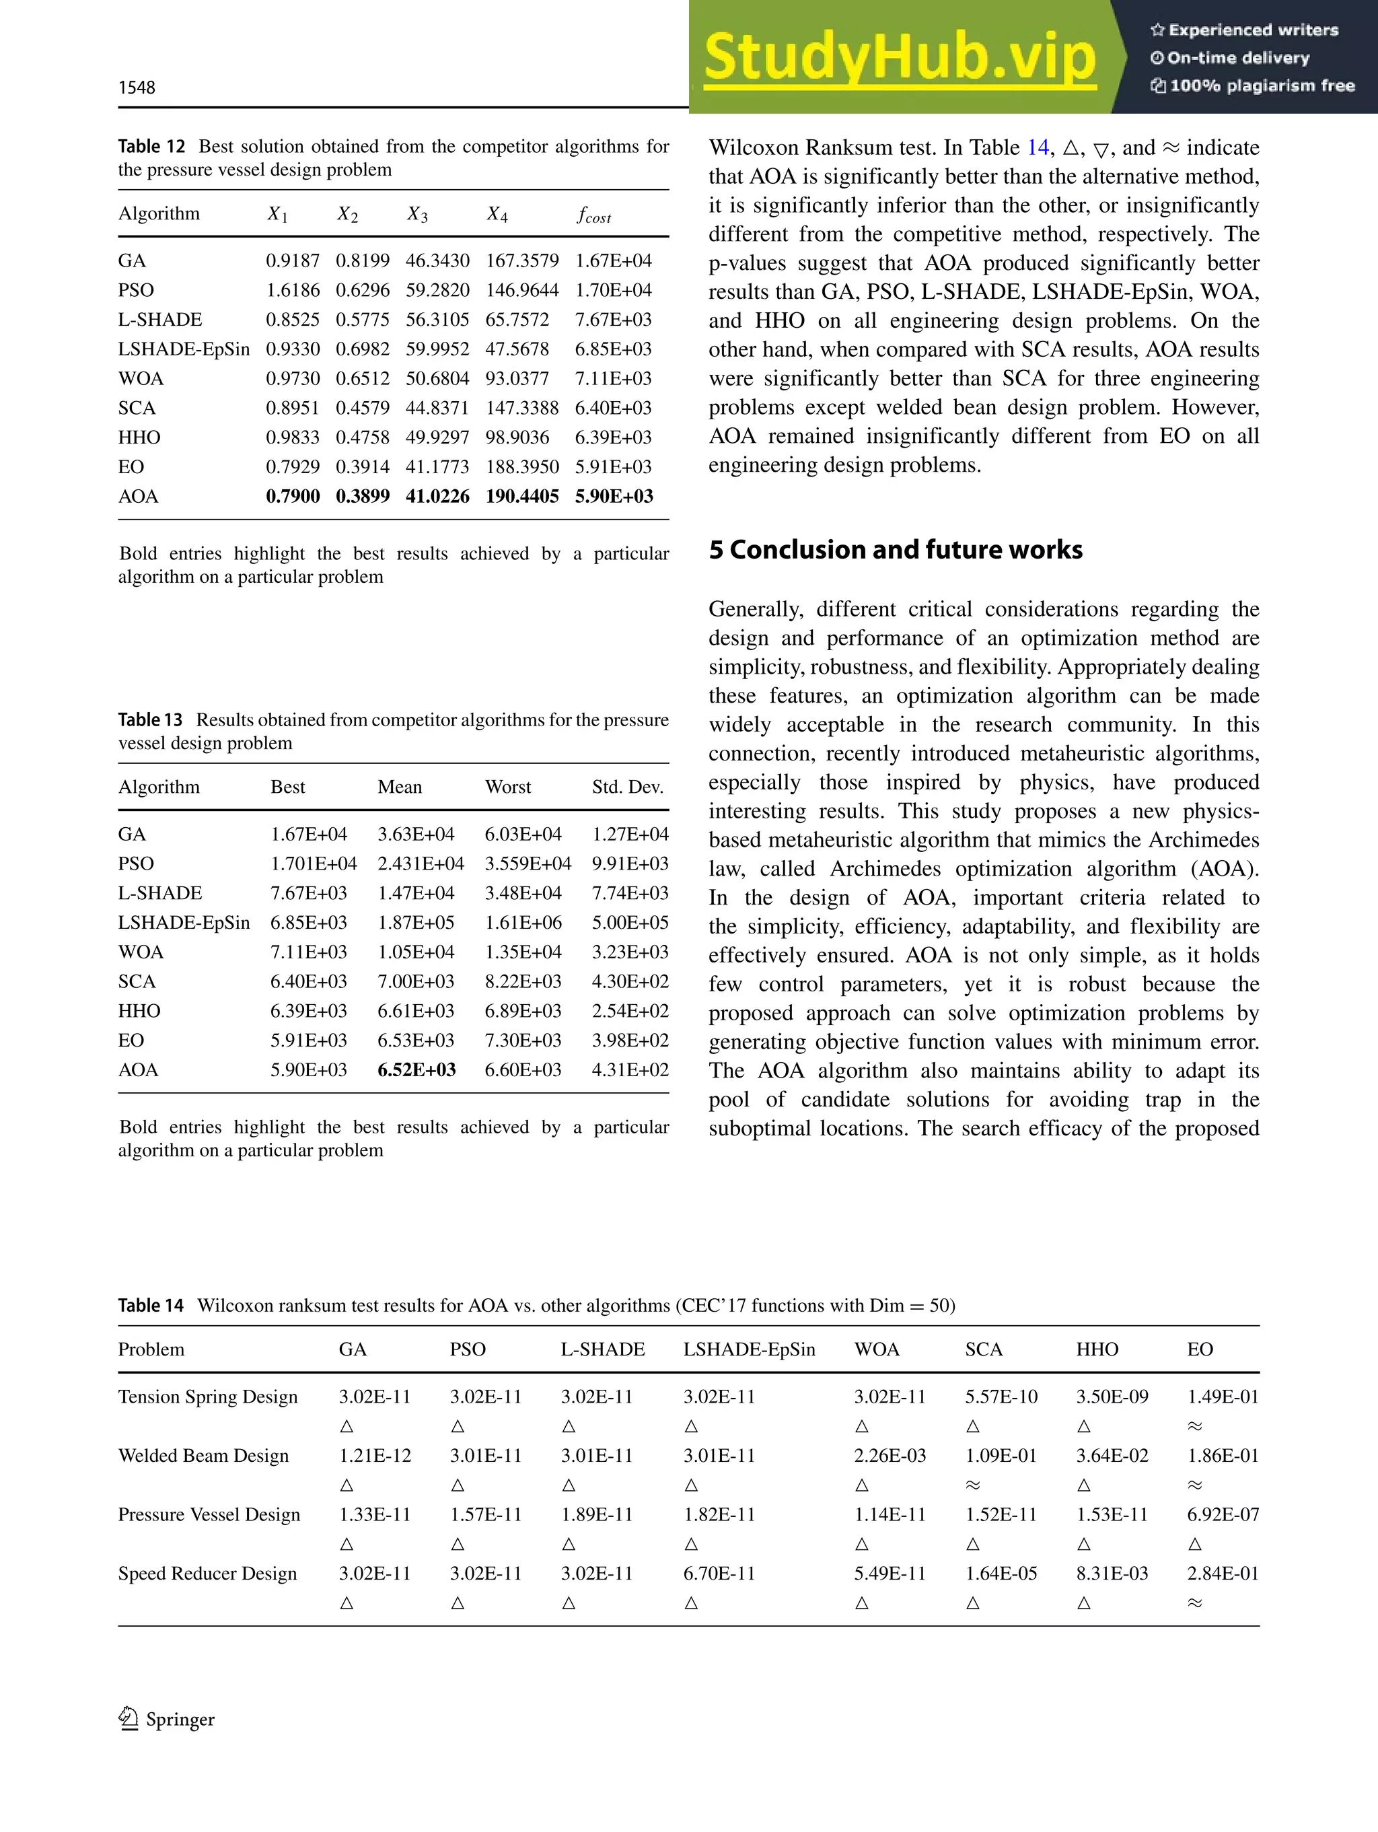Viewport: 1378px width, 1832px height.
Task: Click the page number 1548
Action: (x=137, y=87)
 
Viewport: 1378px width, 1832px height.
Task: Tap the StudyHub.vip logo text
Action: (x=900, y=58)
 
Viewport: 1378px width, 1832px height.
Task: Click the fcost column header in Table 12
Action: (x=593, y=215)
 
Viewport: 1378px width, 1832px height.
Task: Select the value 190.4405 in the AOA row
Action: (x=521, y=496)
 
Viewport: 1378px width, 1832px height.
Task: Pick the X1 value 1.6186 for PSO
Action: (x=292, y=290)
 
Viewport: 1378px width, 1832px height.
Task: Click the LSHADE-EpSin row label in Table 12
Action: (x=184, y=349)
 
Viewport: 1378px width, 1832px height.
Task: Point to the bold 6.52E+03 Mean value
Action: (x=416, y=1069)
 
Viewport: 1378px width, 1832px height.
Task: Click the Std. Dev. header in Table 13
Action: (x=628, y=787)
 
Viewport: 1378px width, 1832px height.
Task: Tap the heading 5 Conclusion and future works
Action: (x=895, y=550)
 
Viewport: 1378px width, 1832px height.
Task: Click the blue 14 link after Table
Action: (x=1038, y=147)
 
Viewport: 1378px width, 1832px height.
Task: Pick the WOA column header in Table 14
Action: (x=877, y=1349)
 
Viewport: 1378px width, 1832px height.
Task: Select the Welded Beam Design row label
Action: (x=204, y=1455)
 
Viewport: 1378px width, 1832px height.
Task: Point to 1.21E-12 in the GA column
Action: (x=374, y=1455)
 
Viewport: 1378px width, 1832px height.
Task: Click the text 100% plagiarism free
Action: (x=1253, y=85)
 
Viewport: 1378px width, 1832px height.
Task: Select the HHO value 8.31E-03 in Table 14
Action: (x=1112, y=1573)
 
